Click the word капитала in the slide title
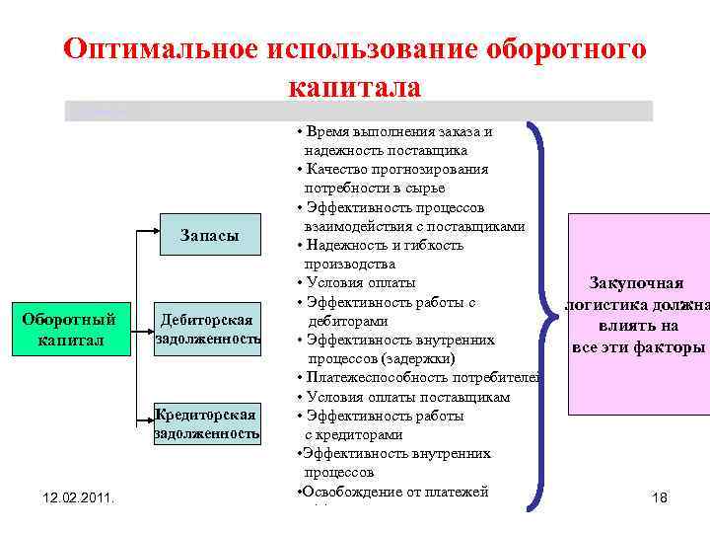coord(355,87)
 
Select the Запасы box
coord(209,235)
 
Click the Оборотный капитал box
coord(69,330)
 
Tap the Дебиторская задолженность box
coord(208,330)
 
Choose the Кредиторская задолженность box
coord(208,423)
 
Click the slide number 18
coord(660,498)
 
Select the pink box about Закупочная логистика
coord(638,314)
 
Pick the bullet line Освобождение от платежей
coord(395,492)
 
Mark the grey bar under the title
coord(358,111)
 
